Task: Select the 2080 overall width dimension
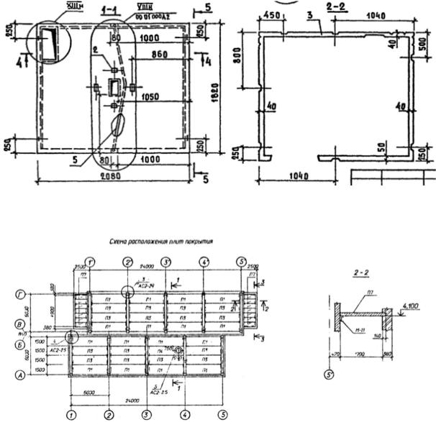click(x=110, y=175)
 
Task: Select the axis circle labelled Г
click(x=22, y=295)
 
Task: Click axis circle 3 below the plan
click(x=146, y=415)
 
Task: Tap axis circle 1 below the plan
click(x=71, y=415)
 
